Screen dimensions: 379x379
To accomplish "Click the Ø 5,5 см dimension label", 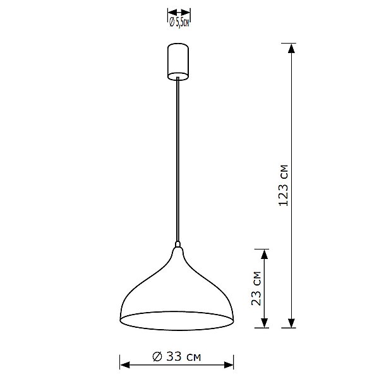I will click(x=179, y=23).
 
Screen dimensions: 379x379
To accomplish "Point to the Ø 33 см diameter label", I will click(x=177, y=357).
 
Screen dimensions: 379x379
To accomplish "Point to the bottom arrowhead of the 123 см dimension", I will click(x=291, y=323).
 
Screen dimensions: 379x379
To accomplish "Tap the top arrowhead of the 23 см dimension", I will click(x=264, y=252).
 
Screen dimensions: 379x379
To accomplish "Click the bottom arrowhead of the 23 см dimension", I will click(x=264, y=323).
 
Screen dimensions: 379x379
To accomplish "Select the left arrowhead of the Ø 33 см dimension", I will click(x=124, y=365).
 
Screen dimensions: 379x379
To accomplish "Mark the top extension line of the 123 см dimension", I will click(x=287, y=43).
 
